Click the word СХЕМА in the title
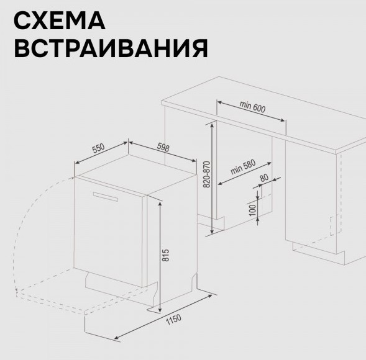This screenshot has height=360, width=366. coord(60,20)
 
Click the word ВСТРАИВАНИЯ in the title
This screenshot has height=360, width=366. coord(111,48)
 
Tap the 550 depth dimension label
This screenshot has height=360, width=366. coord(98,148)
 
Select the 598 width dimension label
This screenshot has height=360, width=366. coord(163,147)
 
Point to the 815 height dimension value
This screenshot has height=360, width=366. coord(165,255)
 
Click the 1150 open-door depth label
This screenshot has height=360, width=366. coord(173,320)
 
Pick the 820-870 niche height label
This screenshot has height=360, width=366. coord(207,174)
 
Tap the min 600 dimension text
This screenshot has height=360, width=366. coord(252,107)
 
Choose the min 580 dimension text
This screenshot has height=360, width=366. coord(243,167)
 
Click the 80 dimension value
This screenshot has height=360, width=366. coord(264,178)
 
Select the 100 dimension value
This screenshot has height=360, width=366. coord(252,210)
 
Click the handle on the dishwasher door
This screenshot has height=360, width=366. coord(105,197)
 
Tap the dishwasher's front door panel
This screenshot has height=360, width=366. coord(108,232)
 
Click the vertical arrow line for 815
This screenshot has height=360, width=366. coord(160,256)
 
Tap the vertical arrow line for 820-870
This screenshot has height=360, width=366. coord(212,178)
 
